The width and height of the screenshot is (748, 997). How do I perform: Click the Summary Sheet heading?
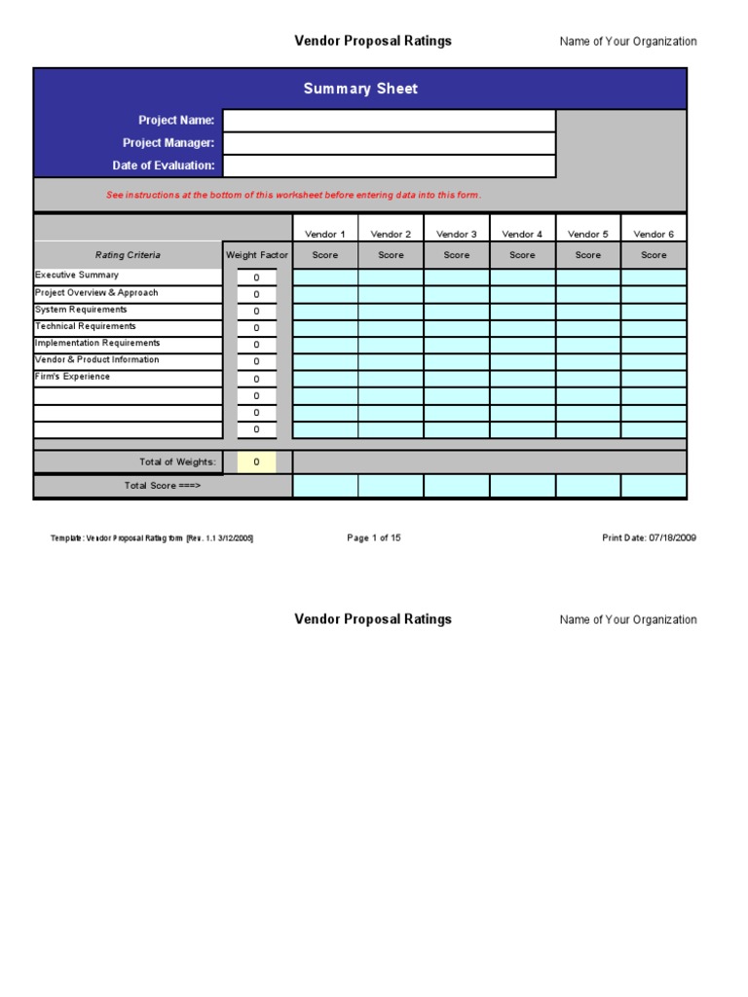point(360,89)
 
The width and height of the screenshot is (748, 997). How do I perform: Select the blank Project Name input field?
point(389,121)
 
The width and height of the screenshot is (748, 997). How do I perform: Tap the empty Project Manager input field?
point(389,143)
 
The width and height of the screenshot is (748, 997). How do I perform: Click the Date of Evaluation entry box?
point(389,166)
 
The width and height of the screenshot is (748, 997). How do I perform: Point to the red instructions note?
point(293,195)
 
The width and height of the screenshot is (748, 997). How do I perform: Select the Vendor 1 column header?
point(325,234)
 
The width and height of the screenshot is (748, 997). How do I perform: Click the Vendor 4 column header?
point(522,234)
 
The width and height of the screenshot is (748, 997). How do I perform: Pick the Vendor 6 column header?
point(654,234)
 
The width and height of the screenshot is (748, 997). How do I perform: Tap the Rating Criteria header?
point(128,255)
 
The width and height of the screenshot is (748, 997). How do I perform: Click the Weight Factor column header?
point(257,255)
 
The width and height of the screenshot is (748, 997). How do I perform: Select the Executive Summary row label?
point(77,276)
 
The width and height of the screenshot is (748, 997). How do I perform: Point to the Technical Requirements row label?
point(86,326)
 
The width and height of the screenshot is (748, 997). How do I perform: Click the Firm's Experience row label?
point(73,377)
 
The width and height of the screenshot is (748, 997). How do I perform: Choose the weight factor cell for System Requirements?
point(257,311)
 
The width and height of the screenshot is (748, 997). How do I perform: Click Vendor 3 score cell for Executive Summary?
point(457,277)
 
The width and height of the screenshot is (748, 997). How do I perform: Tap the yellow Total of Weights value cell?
point(257,462)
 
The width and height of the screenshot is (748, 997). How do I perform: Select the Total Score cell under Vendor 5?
point(588,486)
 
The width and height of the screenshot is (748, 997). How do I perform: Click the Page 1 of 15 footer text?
point(374,537)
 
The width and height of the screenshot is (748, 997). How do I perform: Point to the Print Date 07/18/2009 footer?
point(649,537)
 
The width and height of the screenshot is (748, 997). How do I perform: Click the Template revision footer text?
point(152,538)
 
